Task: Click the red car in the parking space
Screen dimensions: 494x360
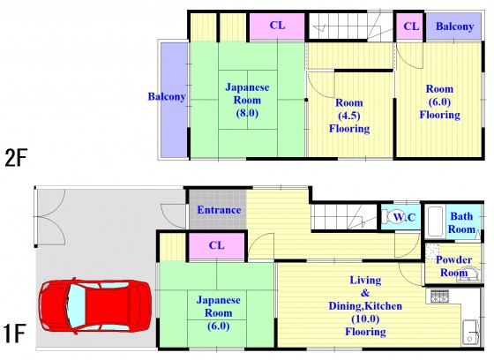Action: pyautogui.click(x=95, y=306)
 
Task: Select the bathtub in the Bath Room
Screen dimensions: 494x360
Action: pyautogui.click(x=436, y=222)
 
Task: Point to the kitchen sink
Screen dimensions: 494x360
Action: pyautogui.click(x=471, y=332)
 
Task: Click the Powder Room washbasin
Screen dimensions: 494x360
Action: pyautogui.click(x=468, y=274)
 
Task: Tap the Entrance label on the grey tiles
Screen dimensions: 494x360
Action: pyautogui.click(x=219, y=210)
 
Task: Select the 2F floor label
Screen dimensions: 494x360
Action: pyautogui.click(x=16, y=158)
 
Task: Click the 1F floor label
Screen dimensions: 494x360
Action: pyautogui.click(x=14, y=334)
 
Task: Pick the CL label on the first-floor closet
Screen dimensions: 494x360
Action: pyautogui.click(x=217, y=245)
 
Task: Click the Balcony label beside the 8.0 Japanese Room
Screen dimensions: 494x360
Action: pyautogui.click(x=167, y=96)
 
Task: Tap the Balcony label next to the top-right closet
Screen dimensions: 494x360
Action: pyautogui.click(x=454, y=26)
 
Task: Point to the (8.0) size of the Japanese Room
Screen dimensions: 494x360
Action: pyautogui.click(x=247, y=113)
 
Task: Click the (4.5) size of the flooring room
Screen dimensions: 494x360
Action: pyautogui.click(x=349, y=116)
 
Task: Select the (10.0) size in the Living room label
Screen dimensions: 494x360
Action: pyautogui.click(x=365, y=319)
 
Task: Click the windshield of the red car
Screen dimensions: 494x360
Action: pyautogui.click(x=77, y=306)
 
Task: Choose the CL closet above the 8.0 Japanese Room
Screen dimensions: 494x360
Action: pyautogui.click(x=277, y=26)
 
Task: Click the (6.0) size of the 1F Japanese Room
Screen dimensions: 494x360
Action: pyautogui.click(x=219, y=326)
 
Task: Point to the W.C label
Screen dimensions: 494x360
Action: pyautogui.click(x=405, y=217)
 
